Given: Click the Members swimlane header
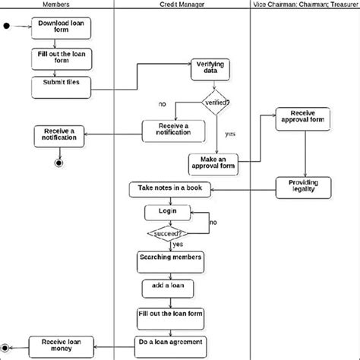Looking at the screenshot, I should (x=58, y=5).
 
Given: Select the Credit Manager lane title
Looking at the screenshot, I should (x=181, y=5).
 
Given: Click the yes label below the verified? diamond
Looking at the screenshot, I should (x=230, y=134).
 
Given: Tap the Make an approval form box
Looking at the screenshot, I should (x=213, y=163).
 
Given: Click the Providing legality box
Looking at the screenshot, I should (x=303, y=187).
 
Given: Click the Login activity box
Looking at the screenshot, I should (x=168, y=211).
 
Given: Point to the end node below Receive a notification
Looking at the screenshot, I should (x=58, y=163).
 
